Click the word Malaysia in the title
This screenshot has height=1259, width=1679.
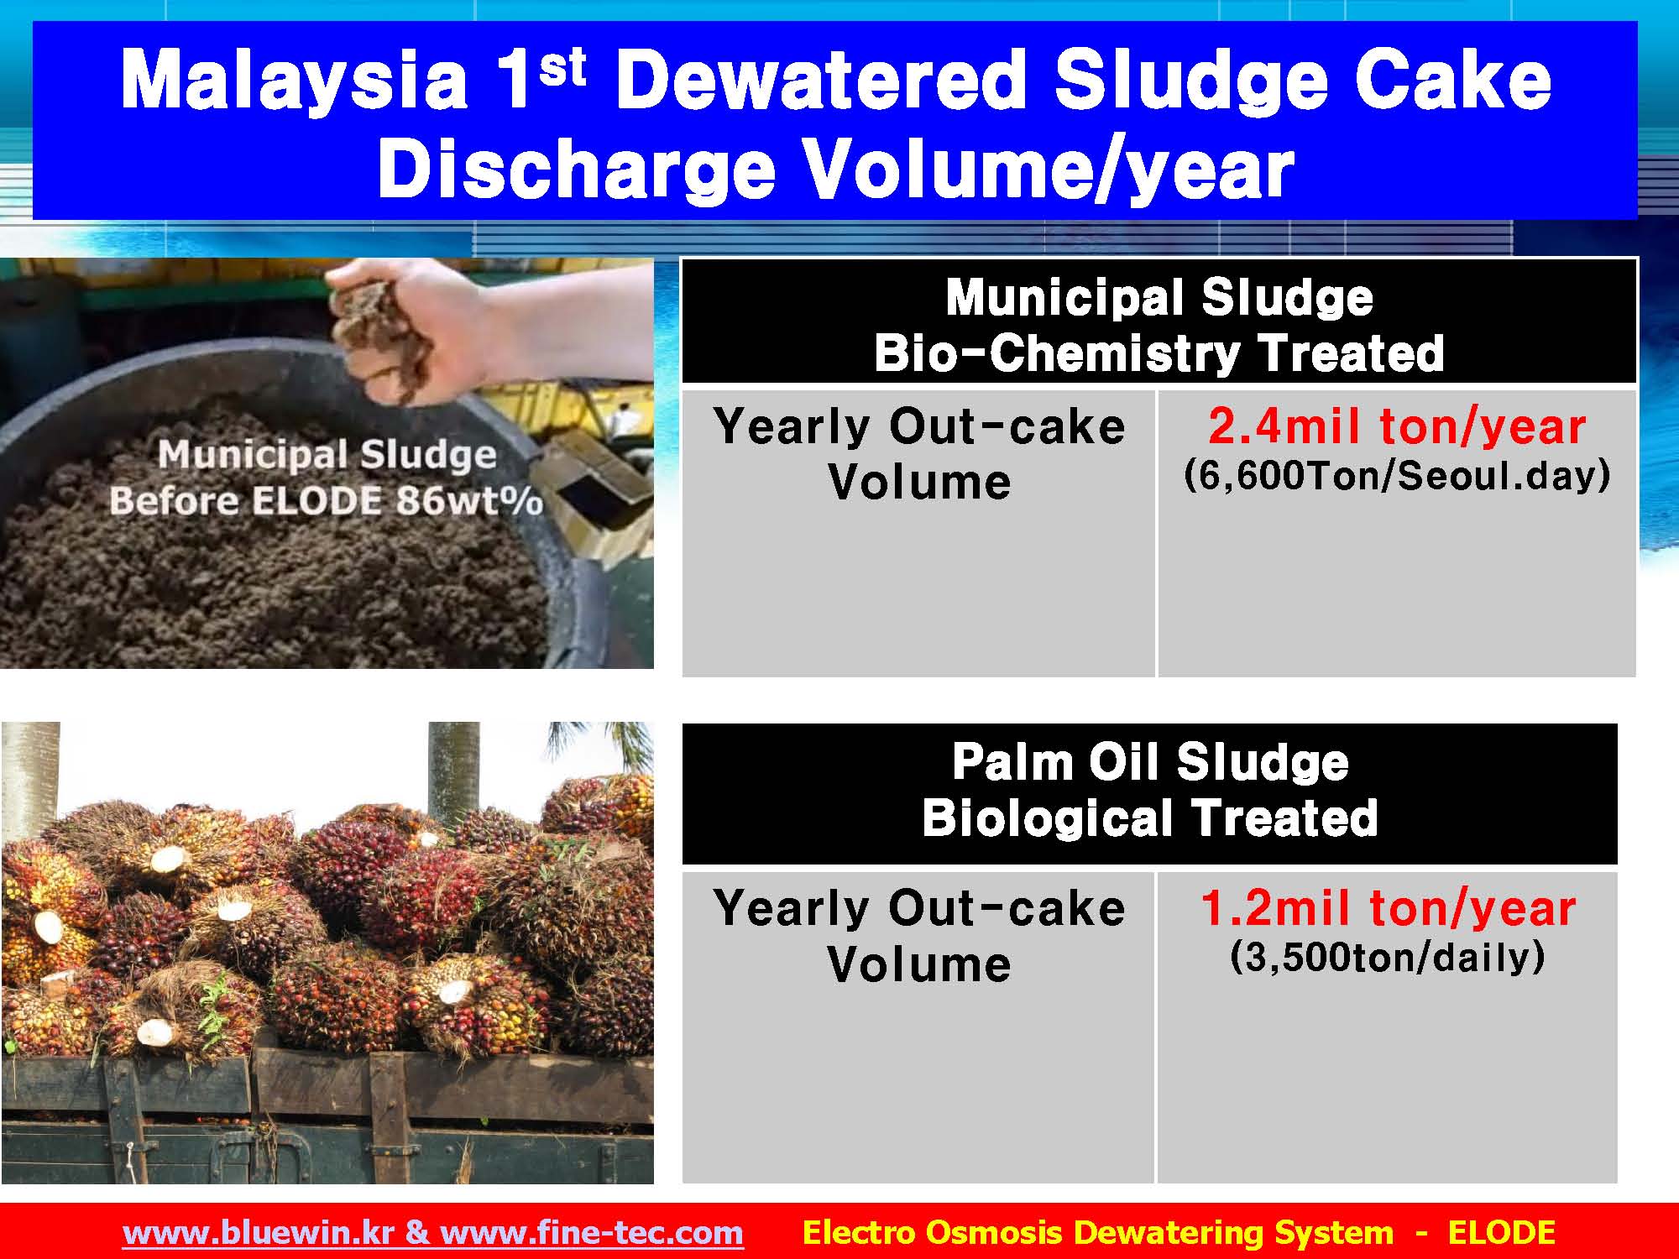[x=294, y=80]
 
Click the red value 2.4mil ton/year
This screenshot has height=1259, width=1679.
[x=1397, y=426]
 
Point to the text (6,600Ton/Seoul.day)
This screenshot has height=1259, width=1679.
[x=1397, y=476]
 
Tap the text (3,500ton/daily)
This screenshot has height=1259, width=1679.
[x=1388, y=957]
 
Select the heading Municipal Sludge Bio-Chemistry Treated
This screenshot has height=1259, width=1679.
[x=1159, y=325]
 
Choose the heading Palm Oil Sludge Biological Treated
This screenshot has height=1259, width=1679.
[x=1150, y=790]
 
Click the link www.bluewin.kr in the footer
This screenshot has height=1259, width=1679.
[x=259, y=1233]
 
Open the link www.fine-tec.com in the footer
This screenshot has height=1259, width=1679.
[x=592, y=1233]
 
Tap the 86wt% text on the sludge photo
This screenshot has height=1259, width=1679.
[x=470, y=501]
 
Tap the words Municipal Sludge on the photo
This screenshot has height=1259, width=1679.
[x=327, y=455]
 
